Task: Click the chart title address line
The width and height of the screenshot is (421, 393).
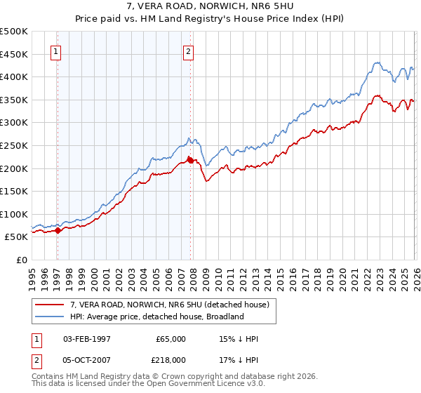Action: point(210,8)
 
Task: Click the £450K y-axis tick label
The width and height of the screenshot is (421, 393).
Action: point(15,54)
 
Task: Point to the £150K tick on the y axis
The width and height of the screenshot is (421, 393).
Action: point(15,191)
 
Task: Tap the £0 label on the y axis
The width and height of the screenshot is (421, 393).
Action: point(21,260)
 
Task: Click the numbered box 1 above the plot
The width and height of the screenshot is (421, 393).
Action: point(56,51)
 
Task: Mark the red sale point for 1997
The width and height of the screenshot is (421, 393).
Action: point(58,230)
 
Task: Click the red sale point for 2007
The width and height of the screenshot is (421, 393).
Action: point(190,160)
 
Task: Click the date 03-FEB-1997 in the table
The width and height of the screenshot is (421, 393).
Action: point(87,339)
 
